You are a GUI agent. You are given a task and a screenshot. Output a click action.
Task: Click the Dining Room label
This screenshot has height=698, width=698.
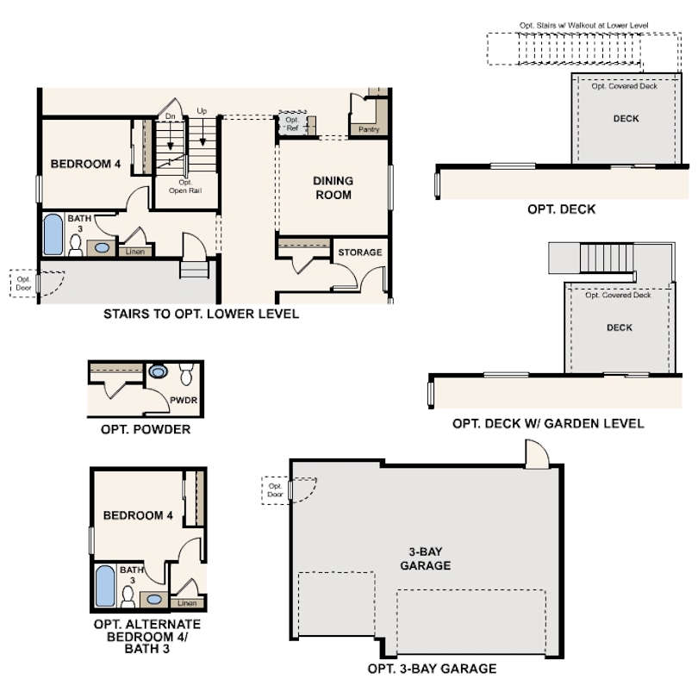point(333,188)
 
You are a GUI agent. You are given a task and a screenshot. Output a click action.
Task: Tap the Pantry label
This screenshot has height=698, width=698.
point(369,129)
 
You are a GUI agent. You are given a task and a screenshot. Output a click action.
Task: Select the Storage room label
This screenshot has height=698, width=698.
point(360,252)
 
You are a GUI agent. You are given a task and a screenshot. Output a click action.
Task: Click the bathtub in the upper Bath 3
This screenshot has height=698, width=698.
point(53,234)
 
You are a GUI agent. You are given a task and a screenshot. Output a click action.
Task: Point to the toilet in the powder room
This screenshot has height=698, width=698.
point(186,373)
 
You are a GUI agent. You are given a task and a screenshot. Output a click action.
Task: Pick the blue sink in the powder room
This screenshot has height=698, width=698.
point(158,371)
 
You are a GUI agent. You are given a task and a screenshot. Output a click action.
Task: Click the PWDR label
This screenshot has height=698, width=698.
point(184,400)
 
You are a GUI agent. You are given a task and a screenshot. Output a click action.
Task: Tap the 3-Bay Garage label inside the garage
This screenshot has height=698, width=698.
point(425,558)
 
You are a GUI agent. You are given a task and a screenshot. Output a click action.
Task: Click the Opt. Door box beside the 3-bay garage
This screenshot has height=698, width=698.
point(275,490)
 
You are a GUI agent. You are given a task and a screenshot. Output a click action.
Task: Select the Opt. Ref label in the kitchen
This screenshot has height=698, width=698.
point(292,124)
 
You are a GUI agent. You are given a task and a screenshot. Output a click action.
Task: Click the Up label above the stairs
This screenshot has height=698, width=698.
point(202,111)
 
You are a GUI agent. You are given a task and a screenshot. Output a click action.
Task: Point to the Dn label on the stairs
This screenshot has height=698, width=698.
point(170,116)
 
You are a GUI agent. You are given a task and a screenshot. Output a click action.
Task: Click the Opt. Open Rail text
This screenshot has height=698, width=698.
point(185,186)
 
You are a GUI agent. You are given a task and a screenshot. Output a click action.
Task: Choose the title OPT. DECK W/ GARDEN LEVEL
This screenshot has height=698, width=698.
point(548,423)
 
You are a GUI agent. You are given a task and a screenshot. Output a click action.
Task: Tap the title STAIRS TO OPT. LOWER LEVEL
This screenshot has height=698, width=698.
point(201,314)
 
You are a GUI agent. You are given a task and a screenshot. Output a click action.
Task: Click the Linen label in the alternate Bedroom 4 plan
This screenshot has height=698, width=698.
point(187,603)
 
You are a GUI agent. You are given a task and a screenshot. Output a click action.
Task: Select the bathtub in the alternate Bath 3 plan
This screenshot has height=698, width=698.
point(105,586)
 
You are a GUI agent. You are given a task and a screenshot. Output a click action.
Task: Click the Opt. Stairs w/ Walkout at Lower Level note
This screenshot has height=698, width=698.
point(583,25)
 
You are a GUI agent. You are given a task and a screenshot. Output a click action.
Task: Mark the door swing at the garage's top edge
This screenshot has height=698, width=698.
point(537,453)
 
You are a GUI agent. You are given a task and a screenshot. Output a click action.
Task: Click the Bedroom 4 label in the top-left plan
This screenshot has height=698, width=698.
point(85,164)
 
